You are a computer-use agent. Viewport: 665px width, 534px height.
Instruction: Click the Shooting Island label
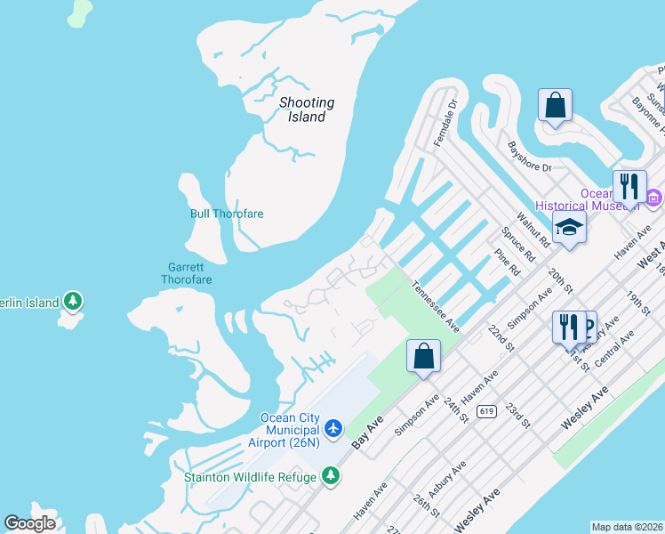307,109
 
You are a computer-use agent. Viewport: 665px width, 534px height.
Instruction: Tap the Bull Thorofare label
227,214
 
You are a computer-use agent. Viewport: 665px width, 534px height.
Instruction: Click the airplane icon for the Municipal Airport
333,429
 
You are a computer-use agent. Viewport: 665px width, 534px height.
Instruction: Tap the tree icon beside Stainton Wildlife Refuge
331,477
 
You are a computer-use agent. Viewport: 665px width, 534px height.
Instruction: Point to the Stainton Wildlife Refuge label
250,477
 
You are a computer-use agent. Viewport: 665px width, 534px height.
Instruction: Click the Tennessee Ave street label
436,307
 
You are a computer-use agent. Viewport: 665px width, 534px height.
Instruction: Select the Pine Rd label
507,264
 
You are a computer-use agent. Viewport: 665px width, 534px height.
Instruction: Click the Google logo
30,523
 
